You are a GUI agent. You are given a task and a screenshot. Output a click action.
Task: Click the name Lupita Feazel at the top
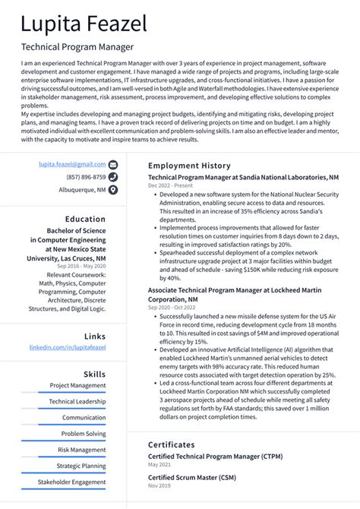(84, 24)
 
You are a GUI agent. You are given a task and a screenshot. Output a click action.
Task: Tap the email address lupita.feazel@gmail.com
(72, 164)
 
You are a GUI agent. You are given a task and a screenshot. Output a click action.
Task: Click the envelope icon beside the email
(113, 164)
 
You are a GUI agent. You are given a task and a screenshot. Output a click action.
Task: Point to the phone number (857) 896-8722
(86, 177)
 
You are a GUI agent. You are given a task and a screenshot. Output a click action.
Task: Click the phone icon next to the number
(113, 177)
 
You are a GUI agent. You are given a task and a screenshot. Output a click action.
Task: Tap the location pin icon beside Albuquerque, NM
(113, 190)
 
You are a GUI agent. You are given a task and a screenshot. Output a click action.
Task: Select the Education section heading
(85, 219)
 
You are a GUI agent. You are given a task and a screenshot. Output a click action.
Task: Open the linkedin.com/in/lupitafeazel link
(68, 347)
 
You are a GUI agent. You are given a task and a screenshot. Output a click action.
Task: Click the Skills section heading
(94, 374)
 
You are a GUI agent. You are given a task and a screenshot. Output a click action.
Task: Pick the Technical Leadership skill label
(77, 401)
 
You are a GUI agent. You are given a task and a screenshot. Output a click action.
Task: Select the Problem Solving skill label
(84, 434)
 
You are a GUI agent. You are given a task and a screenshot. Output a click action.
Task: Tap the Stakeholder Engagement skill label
(72, 482)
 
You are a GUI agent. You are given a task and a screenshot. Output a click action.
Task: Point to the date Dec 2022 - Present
(171, 185)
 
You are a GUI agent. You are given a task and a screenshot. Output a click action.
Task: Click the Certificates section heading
(172, 444)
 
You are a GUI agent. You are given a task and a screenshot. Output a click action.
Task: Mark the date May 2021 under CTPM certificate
(159, 463)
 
